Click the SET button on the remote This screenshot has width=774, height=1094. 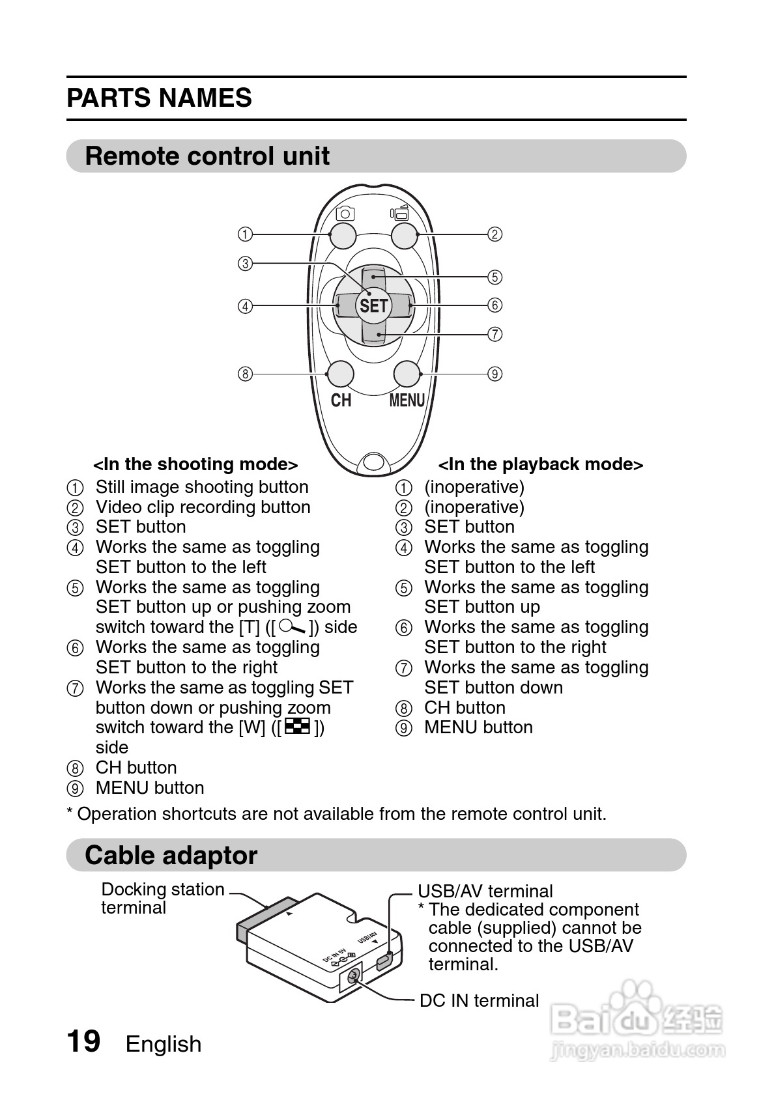pos(373,305)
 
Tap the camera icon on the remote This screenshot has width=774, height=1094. pos(345,214)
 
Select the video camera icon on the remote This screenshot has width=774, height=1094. pos(399,213)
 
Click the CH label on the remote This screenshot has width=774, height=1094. pos(341,400)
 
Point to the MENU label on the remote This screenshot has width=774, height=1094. pos(407,400)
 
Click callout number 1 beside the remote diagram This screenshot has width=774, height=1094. pos(245,234)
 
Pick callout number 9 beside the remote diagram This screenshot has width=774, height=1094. pos(495,374)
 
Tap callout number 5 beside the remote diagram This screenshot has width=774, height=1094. pos(495,277)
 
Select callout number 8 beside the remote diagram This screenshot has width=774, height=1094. pos(245,374)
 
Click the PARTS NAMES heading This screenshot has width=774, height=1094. pos(159,98)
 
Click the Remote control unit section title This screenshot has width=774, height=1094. pos(207,156)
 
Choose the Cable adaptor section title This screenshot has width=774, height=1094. pos(171,855)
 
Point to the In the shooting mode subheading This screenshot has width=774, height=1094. pos(195,464)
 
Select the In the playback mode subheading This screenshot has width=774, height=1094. pos(540,464)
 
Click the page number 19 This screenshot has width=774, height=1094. pos(83,1041)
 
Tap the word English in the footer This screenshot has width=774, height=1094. pos(164,1044)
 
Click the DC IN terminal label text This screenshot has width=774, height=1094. pos(479,1000)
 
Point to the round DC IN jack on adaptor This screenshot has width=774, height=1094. pos(353,976)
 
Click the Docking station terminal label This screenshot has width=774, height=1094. pos(162,898)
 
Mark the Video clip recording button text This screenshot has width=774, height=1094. pos(203,507)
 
